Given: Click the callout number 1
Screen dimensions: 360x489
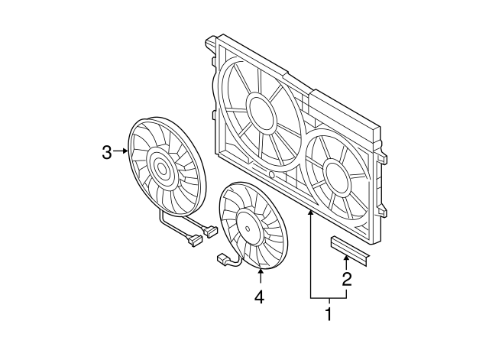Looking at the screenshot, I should (x=329, y=313).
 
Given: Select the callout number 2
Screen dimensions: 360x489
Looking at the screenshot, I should (x=346, y=279).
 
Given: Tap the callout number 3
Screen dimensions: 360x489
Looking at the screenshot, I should (x=107, y=152).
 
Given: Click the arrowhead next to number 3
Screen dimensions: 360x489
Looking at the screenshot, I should (x=127, y=152).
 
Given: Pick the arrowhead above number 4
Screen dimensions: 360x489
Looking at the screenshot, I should (x=261, y=268).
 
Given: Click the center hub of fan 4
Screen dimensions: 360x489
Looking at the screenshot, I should (x=250, y=225).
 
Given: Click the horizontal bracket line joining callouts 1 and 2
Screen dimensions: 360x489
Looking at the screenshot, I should (x=329, y=297).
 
